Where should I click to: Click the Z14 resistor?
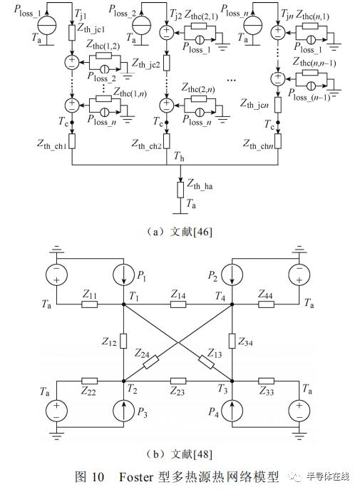(178, 304)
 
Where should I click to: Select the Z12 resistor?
(124, 341)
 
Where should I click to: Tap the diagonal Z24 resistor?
(151, 362)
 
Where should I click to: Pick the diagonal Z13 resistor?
(206, 362)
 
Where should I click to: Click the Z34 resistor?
(232, 341)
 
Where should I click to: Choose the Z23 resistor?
(178, 381)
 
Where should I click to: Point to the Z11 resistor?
(89, 304)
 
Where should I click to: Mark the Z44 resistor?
(266, 304)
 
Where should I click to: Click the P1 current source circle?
(123, 275)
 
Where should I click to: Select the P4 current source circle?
(232, 411)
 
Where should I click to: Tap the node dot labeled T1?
(124, 304)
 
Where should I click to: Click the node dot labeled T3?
(232, 381)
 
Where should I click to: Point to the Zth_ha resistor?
(180, 190)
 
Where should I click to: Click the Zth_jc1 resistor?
(72, 33)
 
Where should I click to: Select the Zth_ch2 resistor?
(167, 141)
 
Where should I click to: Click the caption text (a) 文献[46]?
(180, 232)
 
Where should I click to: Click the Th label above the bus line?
(179, 156)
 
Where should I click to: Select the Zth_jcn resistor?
(278, 105)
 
